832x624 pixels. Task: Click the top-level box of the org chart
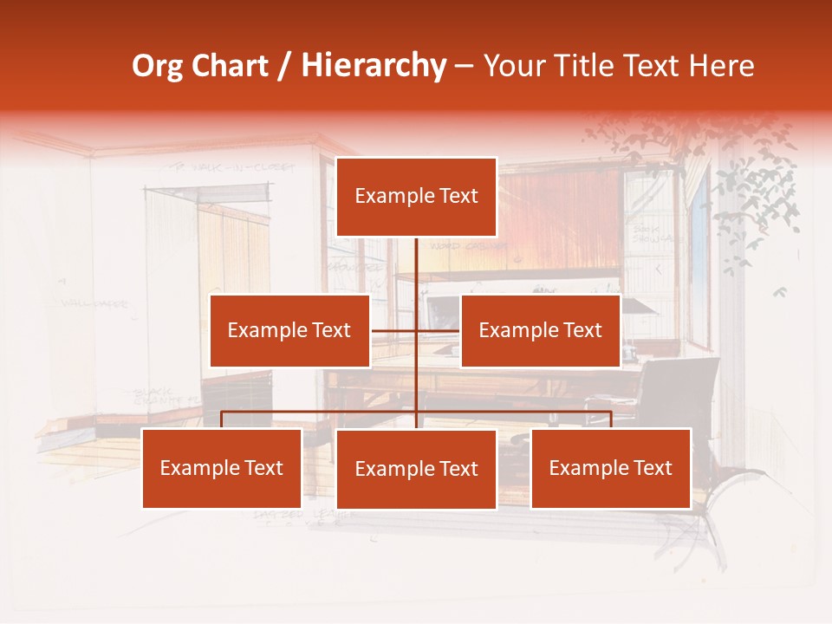tap(416, 197)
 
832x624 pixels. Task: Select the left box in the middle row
tap(289, 330)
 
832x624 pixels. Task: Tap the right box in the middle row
tap(540, 330)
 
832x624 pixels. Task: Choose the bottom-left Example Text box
tap(222, 468)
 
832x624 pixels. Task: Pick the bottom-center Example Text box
tap(416, 469)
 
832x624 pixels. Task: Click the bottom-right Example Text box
tap(610, 468)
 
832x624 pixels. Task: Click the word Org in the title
tap(157, 66)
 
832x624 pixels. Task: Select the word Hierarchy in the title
tap(373, 66)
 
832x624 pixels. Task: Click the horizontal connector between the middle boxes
tap(394, 331)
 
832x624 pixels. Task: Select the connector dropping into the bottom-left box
tap(222, 419)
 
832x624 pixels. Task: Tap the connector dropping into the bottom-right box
tap(611, 419)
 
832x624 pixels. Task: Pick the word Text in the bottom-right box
tap(653, 468)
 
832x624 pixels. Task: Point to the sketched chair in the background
tap(685, 390)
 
